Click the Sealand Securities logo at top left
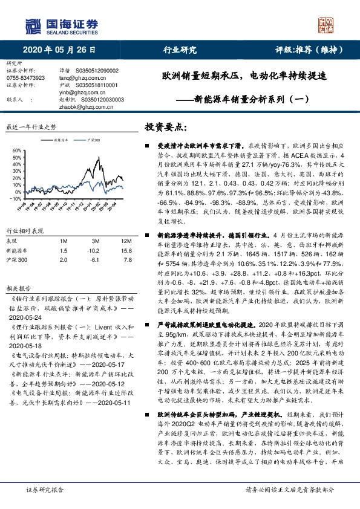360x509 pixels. tap(60, 25)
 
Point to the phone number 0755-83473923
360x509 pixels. tap(26, 78)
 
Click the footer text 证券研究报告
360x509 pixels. tap(45, 490)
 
